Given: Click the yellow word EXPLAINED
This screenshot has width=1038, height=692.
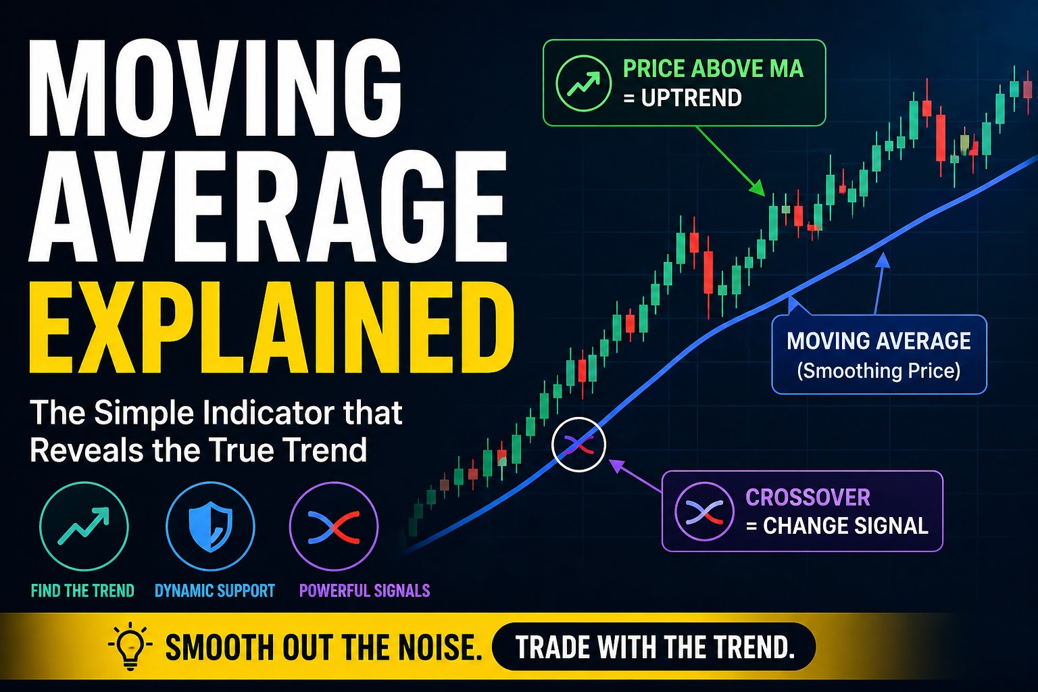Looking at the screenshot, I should pyautogui.click(x=270, y=328).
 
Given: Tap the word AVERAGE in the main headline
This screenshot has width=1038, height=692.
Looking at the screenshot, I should pyautogui.click(x=267, y=206).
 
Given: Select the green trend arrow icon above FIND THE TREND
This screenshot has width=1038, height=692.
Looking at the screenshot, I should pyautogui.click(x=84, y=526).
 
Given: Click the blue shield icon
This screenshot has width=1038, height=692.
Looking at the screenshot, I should pyautogui.click(x=210, y=526).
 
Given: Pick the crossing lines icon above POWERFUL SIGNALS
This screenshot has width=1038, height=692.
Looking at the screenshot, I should pyautogui.click(x=334, y=526).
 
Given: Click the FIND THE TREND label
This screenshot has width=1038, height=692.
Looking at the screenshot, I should pyautogui.click(x=82, y=591).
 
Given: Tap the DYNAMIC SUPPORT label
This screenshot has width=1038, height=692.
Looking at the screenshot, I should pyautogui.click(x=215, y=591).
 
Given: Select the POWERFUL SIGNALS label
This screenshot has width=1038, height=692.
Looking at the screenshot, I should pyautogui.click(x=364, y=591).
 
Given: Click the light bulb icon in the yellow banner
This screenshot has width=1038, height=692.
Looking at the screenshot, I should pyautogui.click(x=130, y=647).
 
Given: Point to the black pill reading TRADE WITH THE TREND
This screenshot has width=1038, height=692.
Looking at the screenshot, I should pyautogui.click(x=654, y=647).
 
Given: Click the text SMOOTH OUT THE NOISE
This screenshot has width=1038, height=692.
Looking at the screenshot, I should pyautogui.click(x=324, y=647).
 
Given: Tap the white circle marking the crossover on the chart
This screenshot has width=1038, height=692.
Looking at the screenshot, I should pyautogui.click(x=578, y=444).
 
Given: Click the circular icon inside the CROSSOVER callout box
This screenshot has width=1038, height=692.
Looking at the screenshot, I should pyautogui.click(x=704, y=512).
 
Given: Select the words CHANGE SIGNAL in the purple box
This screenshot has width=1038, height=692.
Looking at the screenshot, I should pyautogui.click(x=845, y=526).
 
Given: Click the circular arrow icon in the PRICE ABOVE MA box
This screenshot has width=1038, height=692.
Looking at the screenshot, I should pyautogui.click(x=583, y=83).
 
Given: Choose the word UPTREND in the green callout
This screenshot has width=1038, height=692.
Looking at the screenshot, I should pyautogui.click(x=691, y=99).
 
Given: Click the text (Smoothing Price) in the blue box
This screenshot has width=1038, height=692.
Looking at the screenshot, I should pyautogui.click(x=879, y=371).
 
